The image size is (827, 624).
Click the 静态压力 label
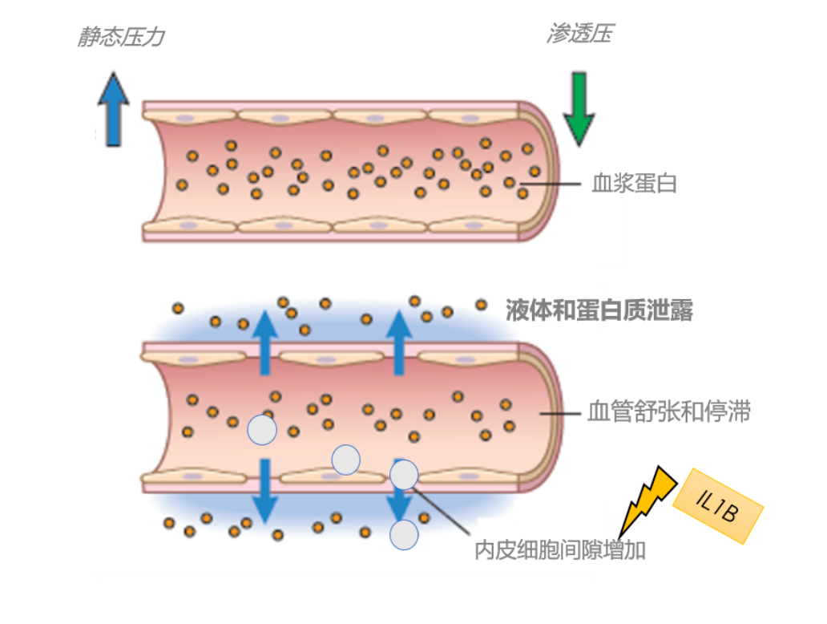(121, 37)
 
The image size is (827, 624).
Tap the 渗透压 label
(580, 34)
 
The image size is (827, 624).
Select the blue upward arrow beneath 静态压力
(113, 109)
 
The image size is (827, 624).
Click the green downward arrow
(578, 107)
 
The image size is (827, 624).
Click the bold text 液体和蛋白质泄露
(599, 310)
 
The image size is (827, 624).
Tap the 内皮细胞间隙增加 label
(560, 551)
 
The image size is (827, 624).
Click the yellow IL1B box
(718, 506)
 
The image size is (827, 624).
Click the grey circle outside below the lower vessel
(404, 534)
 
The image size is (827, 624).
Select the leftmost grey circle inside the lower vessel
(261, 430)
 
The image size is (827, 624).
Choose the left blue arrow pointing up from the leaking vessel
(265, 342)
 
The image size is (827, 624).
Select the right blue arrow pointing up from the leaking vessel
(398, 342)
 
